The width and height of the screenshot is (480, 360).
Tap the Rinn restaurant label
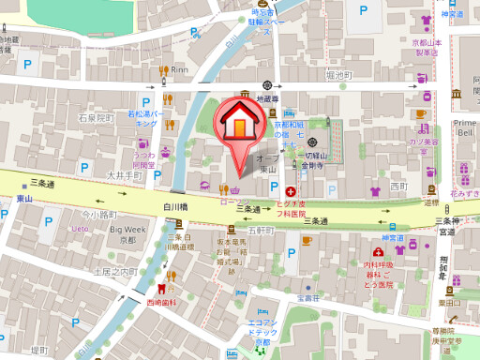click(180, 69)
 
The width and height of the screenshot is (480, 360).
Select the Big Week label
click(128, 229)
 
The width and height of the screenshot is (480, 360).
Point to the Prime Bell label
click(465, 127)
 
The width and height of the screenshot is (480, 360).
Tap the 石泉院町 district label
click(95, 119)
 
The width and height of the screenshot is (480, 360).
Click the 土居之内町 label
click(114, 271)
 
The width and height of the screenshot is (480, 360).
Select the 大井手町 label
click(122, 175)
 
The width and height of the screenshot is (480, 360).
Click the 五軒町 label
click(261, 230)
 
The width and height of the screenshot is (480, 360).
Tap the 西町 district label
click(399, 187)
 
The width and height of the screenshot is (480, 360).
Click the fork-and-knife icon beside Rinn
click(163, 69)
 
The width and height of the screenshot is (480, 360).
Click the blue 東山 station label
click(23, 200)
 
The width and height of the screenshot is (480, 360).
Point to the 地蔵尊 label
click(268, 97)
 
